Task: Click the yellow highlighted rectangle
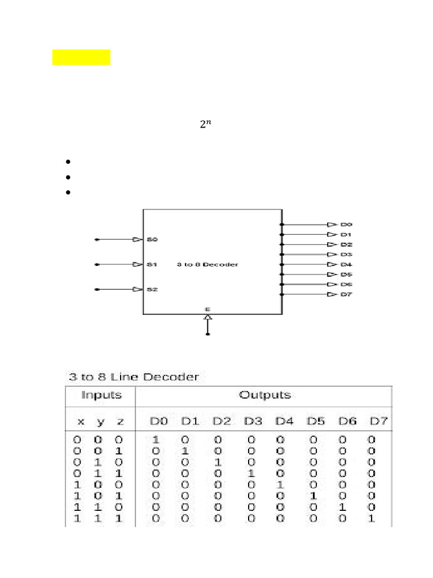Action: pyautogui.click(x=81, y=58)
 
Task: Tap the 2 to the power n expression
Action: pyautogui.click(x=206, y=125)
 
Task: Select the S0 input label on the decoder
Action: pyautogui.click(x=152, y=239)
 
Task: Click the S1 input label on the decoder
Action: pyautogui.click(x=152, y=264)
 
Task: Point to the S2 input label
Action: pyautogui.click(x=152, y=290)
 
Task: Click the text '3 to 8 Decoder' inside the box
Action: pyautogui.click(x=207, y=264)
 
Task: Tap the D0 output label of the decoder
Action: pyautogui.click(x=346, y=225)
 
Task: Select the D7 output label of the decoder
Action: pyautogui.click(x=346, y=295)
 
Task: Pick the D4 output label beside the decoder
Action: pyautogui.click(x=346, y=264)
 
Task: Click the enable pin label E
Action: pyautogui.click(x=207, y=309)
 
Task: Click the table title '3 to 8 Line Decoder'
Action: pyautogui.click(x=134, y=376)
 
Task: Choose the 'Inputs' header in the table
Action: pyautogui.click(x=101, y=395)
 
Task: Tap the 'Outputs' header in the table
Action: pyautogui.click(x=265, y=395)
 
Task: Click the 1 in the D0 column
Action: pyautogui.click(x=156, y=440)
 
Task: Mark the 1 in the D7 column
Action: pyautogui.click(x=372, y=518)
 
